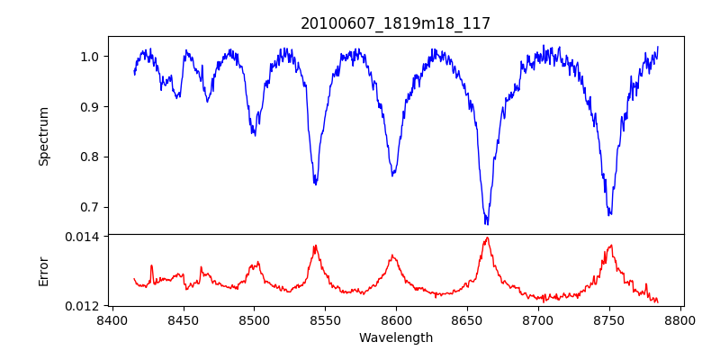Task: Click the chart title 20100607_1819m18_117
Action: (x=395, y=23)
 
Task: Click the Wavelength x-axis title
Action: (x=395, y=337)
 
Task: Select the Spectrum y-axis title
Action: (x=43, y=136)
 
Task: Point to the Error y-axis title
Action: (x=43, y=271)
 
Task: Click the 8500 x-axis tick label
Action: (x=254, y=319)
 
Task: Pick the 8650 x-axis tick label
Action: (x=467, y=319)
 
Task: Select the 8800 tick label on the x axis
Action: (x=680, y=319)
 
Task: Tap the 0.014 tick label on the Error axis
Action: (x=85, y=236)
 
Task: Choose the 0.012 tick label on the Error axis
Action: (x=85, y=306)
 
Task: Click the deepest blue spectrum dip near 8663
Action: (x=486, y=223)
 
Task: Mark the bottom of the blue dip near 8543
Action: (x=315, y=184)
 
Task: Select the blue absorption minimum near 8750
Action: (x=609, y=214)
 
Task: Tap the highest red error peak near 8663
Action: (x=487, y=238)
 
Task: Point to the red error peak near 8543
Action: (x=315, y=246)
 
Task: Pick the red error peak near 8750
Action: (x=610, y=245)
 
